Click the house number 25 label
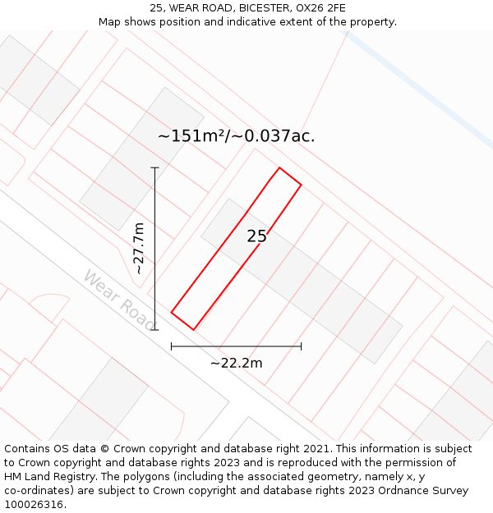[x=256, y=236]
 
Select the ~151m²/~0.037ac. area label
[x=236, y=136]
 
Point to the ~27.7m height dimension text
[x=139, y=248]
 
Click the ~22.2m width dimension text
[x=236, y=363]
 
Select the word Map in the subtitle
[x=110, y=22]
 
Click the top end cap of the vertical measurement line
[x=155, y=167]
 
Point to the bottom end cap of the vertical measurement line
[x=155, y=330]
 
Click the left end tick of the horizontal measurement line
[x=171, y=346]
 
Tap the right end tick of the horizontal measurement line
[x=301, y=346]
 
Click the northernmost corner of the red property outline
[x=279, y=168]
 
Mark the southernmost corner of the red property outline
[x=194, y=330]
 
